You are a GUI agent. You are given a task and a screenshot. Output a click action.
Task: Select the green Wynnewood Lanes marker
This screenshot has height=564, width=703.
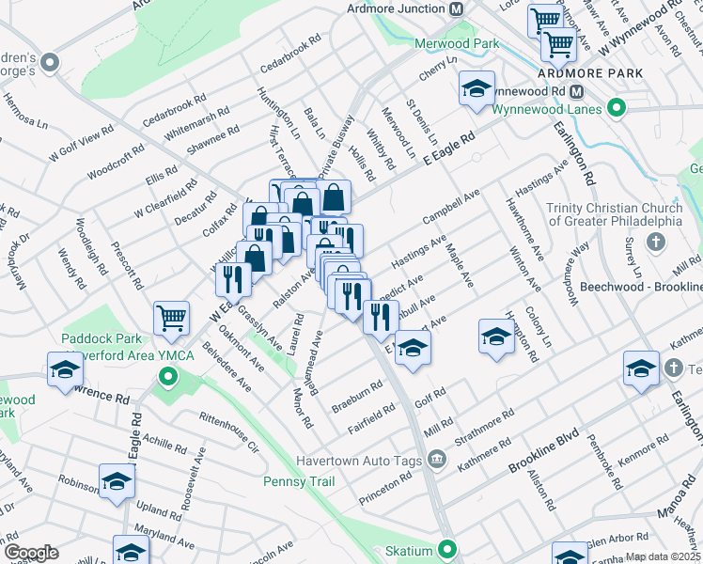click(x=617, y=108)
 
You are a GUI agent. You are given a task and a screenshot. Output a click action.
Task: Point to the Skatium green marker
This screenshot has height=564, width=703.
click(x=448, y=549)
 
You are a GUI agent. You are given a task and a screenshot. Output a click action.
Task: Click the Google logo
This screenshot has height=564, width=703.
click(x=30, y=553)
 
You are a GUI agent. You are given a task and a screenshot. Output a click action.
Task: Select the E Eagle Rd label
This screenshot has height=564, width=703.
click(x=449, y=147)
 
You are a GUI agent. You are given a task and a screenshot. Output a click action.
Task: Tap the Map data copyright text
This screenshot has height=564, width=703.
click(x=664, y=556)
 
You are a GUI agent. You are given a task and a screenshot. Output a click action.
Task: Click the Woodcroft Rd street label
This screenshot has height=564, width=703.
click(x=116, y=162)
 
